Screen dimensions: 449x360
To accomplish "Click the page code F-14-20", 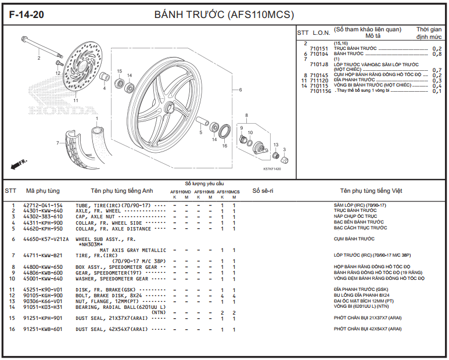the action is click(x=26, y=15).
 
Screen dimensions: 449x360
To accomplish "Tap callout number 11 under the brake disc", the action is click(x=76, y=100).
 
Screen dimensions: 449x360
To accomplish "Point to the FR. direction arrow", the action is click(x=19, y=164).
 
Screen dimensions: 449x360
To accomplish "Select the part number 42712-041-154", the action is click(x=42, y=206).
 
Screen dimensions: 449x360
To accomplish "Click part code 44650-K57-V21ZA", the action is click(x=46, y=239).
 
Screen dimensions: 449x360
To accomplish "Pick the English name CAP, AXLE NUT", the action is click(x=95, y=217).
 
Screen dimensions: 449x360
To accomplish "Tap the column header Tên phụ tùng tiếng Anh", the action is click(x=122, y=191).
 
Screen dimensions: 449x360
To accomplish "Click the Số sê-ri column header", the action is click(x=263, y=191).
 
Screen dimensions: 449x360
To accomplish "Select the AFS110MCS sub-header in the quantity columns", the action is click(x=228, y=192).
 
